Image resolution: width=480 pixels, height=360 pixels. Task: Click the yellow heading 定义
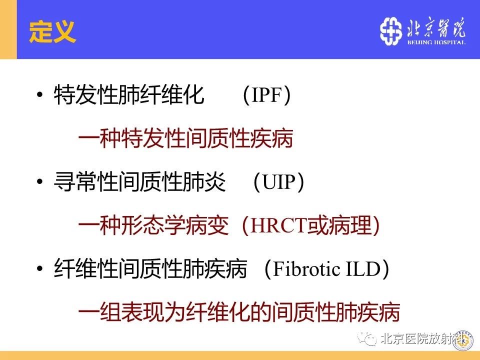coord(52,31)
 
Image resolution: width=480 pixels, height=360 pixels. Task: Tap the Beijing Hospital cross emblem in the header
coord(391,31)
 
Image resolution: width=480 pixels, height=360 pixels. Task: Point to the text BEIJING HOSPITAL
coord(436,42)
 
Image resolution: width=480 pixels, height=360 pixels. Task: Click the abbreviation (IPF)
coord(266,95)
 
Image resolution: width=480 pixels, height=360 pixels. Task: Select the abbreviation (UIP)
coord(278,182)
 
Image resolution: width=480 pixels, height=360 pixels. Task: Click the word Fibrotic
coord(306,269)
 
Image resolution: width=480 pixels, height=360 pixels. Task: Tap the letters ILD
coord(363,269)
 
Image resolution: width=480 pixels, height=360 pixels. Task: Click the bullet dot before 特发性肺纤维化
coord(39,94)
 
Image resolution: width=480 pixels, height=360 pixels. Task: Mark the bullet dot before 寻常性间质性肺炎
coord(39,181)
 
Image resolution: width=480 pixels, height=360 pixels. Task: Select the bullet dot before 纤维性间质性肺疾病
coord(39,269)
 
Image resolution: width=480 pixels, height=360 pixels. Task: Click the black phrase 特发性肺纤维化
coord(129,95)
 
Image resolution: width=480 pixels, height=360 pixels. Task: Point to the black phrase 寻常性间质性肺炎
coord(139,182)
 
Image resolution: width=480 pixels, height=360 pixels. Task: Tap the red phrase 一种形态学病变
coord(153,225)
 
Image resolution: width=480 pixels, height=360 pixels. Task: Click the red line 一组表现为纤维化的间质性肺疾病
coord(239,312)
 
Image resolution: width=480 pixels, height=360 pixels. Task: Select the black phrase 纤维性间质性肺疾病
coord(150,269)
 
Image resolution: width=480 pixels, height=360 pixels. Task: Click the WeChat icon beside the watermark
coord(366,338)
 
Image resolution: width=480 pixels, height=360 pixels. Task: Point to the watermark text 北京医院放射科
coord(422,339)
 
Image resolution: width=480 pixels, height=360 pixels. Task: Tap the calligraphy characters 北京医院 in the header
coord(436,28)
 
